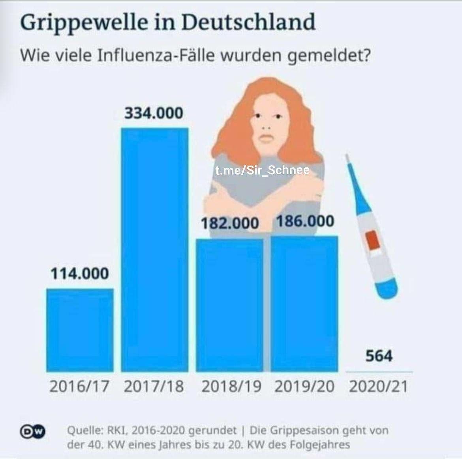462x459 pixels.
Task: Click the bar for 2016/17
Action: tap(80, 330)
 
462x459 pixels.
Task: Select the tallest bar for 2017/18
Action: tap(154, 250)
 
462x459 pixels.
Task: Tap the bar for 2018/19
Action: tap(229, 305)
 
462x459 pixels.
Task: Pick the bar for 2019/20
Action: tap(304, 304)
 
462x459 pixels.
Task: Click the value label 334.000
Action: tap(154, 113)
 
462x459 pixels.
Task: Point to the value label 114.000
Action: tap(79, 273)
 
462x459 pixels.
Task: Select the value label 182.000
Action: tap(230, 224)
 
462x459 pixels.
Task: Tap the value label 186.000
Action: tap(304, 221)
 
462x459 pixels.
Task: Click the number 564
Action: tap(379, 356)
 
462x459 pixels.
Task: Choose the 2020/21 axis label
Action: tap(378, 386)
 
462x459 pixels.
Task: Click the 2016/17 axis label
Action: tap(79, 386)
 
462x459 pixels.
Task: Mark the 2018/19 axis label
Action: tap(231, 386)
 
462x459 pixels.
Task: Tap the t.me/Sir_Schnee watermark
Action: tap(262, 170)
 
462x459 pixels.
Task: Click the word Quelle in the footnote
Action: tap(82, 431)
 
